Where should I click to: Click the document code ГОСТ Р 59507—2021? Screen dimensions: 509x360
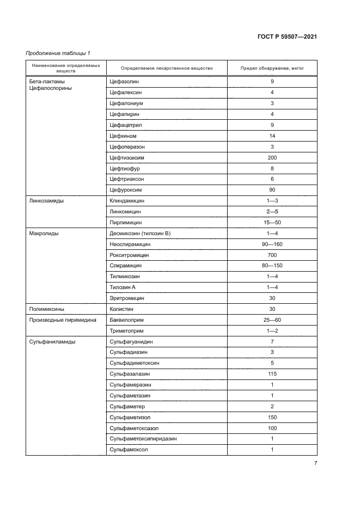286,36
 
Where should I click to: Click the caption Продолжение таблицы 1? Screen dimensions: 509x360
58,53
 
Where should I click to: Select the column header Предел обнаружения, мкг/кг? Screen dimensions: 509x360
272,69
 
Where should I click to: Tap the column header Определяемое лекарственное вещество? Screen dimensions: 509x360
158,69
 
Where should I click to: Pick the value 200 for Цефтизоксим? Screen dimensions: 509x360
272,157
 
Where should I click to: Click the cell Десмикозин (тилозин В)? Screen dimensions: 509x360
140,234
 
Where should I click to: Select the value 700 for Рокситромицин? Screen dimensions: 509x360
272,255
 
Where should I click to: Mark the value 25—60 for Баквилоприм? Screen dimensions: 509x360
272,320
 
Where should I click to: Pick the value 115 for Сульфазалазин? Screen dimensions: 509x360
272,374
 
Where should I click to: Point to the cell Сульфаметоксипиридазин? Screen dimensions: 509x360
143,439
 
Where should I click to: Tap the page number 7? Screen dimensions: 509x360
315,463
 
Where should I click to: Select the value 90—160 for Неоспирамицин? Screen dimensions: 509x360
272,244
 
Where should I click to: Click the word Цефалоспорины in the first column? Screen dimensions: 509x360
51,88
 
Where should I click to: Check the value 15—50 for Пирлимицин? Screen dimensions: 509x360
272,223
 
